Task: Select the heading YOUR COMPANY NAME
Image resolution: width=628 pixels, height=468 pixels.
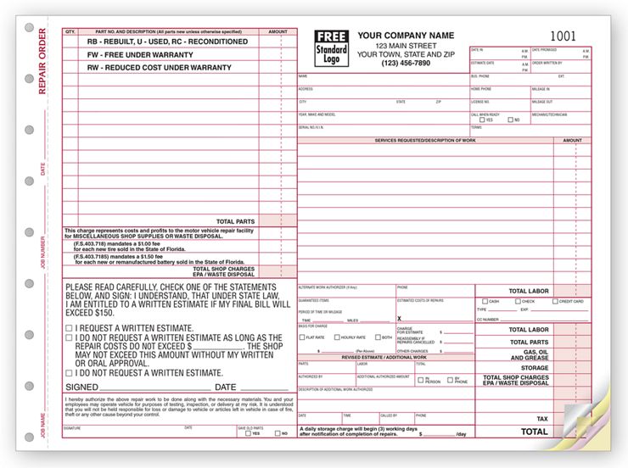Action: [x=406, y=35]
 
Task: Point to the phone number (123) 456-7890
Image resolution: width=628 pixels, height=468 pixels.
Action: [x=394, y=63]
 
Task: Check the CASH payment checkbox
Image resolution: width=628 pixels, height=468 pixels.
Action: [x=485, y=301]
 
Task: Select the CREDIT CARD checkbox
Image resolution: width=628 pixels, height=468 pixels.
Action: [x=555, y=301]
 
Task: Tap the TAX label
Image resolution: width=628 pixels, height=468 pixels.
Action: [x=541, y=419]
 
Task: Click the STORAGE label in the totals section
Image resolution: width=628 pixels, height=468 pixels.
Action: [x=535, y=368]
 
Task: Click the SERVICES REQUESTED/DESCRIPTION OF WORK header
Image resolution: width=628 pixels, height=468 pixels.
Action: [x=425, y=140]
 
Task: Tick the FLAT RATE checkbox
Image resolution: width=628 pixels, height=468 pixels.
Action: [x=300, y=337]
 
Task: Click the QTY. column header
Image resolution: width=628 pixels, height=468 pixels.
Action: [x=70, y=31]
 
